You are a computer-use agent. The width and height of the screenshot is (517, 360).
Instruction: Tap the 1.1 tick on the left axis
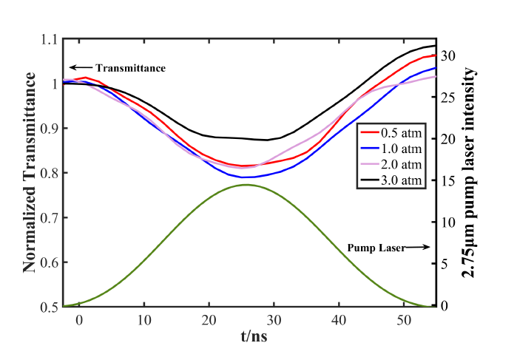[50, 39]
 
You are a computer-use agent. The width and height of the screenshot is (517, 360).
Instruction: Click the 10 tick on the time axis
[145, 320]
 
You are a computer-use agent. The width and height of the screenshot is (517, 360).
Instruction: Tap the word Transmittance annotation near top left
[130, 68]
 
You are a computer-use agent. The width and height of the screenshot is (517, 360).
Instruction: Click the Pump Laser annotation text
[376, 248]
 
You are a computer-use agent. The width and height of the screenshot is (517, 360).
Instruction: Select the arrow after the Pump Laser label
[418, 248]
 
